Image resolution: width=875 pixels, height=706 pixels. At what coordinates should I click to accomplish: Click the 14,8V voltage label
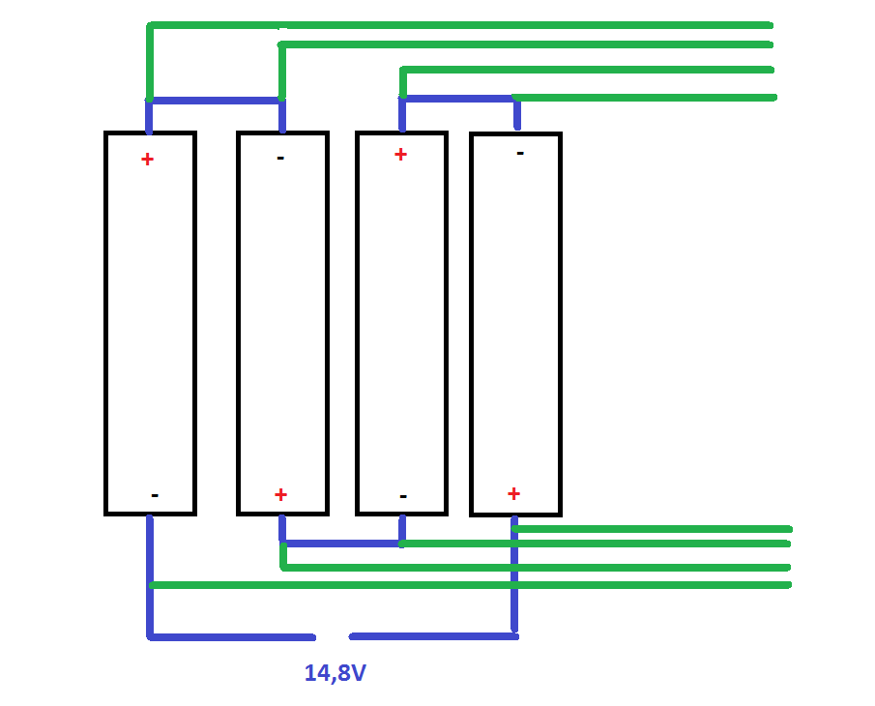pos(335,673)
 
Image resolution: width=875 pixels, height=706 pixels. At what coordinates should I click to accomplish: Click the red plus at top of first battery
pos(147,160)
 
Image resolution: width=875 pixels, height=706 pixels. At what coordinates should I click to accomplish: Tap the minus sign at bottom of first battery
pos(155,495)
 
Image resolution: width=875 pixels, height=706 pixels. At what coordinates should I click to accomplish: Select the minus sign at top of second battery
pos(280,159)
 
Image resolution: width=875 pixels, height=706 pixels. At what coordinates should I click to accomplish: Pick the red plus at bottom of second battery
pos(280,494)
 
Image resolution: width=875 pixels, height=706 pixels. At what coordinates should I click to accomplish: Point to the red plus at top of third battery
pos(400,155)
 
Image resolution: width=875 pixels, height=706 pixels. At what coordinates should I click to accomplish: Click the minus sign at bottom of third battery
pos(403,496)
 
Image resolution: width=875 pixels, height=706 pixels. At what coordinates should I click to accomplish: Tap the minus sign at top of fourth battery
pos(520,153)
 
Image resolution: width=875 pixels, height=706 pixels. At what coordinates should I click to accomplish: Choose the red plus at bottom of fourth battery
pos(513,493)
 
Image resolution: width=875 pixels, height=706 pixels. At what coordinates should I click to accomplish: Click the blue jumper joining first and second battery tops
pos(216,101)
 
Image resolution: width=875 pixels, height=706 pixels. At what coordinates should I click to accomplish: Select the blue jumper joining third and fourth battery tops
pos(459,99)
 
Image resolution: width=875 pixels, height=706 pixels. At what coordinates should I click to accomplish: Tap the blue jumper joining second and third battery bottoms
pos(342,544)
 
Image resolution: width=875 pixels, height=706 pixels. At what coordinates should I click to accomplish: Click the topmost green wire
pos(460,25)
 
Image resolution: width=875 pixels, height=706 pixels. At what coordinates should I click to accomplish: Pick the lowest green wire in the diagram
pos(471,585)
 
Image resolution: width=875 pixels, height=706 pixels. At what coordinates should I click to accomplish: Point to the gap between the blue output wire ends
pos(333,636)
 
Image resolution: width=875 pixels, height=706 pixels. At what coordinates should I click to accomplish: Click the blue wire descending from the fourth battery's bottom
pos(514,574)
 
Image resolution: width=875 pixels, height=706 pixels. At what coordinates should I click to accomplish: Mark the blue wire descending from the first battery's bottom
pos(150,574)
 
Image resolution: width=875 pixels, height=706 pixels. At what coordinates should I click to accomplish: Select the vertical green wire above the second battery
pos(281,73)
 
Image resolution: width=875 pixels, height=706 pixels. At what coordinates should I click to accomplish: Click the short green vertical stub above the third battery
pos(402,82)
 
